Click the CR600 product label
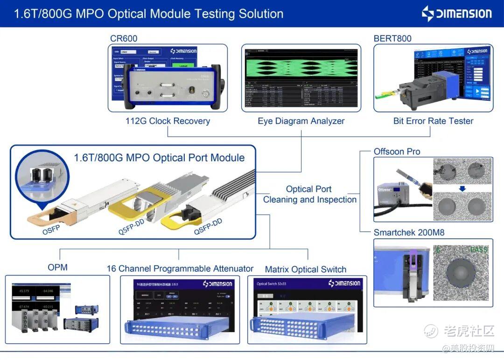pyautogui.click(x=124, y=38)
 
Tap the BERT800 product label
pyautogui.click(x=392, y=38)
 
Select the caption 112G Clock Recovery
pyautogui.click(x=168, y=121)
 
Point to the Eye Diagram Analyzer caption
pyautogui.click(x=301, y=121)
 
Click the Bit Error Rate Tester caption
pyautogui.click(x=433, y=121)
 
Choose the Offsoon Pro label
pyautogui.click(x=397, y=152)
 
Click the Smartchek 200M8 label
pyautogui.click(x=409, y=233)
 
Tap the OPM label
pyautogui.click(x=57, y=267)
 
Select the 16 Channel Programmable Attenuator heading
pyautogui.click(x=180, y=269)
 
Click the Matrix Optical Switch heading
pyautogui.click(x=305, y=270)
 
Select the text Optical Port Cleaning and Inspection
pyautogui.click(x=309, y=194)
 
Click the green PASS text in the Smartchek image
pyautogui.click(x=478, y=250)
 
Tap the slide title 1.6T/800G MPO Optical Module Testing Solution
pyautogui.click(x=148, y=14)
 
